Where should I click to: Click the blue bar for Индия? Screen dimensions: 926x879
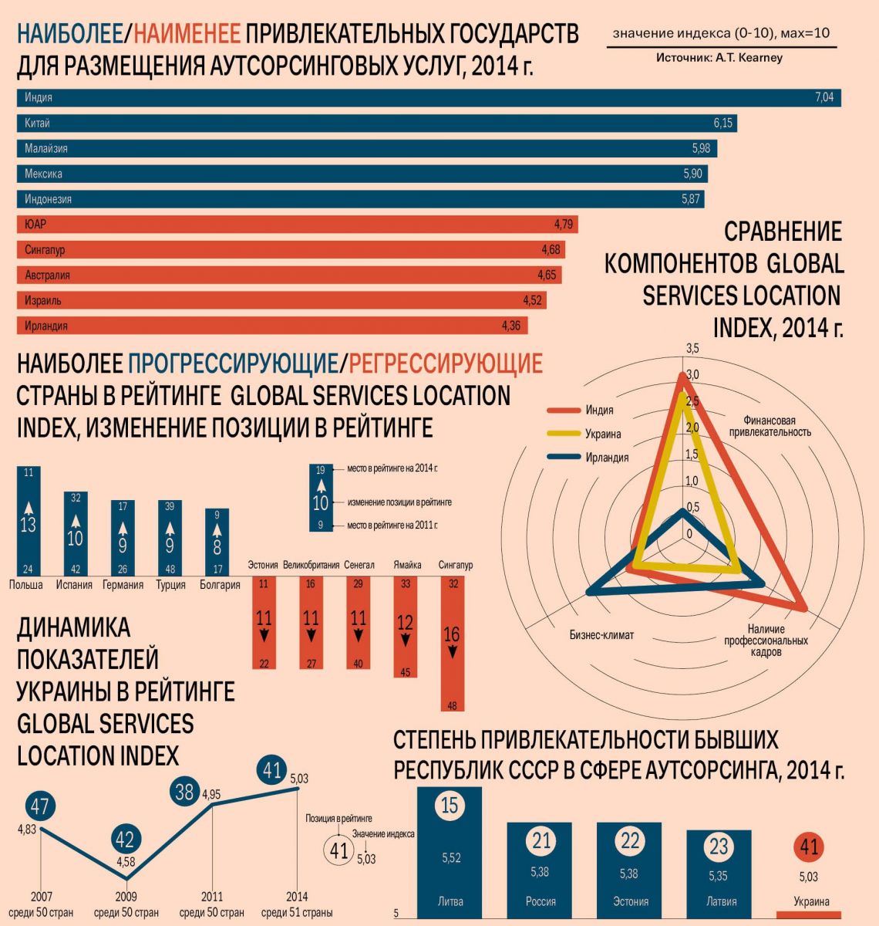[x=428, y=98]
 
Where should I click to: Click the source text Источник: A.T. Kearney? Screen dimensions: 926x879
[x=719, y=58]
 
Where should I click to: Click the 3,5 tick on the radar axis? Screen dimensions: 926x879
[x=692, y=349]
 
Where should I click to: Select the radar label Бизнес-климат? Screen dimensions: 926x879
[x=601, y=635]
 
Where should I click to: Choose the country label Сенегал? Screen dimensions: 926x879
[x=359, y=565]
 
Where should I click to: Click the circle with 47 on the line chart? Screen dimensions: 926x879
[x=40, y=807]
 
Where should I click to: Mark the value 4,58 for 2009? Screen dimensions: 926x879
[x=125, y=861]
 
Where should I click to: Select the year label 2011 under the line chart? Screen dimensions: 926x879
[x=212, y=897]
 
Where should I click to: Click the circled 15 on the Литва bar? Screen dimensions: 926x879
[x=450, y=806]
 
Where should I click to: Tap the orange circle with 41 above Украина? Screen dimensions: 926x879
[x=808, y=847]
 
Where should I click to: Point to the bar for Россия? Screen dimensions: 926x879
[x=540, y=868]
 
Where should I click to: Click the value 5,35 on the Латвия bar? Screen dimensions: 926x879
[x=719, y=877]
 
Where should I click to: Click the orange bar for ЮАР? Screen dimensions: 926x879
[x=297, y=225]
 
